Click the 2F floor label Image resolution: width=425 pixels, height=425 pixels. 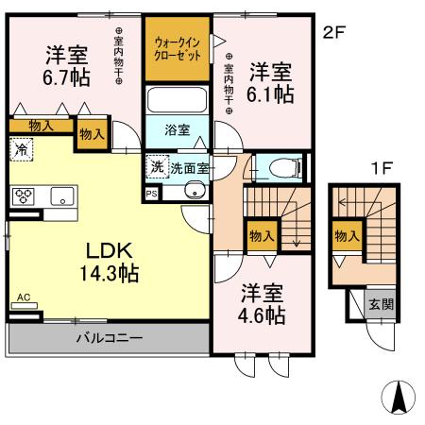334,31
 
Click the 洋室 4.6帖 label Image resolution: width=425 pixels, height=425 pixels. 262,303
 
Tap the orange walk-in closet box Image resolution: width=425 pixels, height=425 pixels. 177,47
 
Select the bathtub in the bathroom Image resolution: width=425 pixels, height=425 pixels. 177,99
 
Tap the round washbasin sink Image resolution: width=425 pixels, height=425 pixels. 198,194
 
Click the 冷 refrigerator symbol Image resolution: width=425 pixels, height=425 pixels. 21,148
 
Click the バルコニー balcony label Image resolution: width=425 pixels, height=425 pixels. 109,337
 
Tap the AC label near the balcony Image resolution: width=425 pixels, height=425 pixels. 24,298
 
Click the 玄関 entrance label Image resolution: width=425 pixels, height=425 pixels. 381,304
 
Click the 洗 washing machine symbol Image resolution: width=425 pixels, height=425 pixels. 156,165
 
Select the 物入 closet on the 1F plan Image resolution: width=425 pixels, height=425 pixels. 347,235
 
